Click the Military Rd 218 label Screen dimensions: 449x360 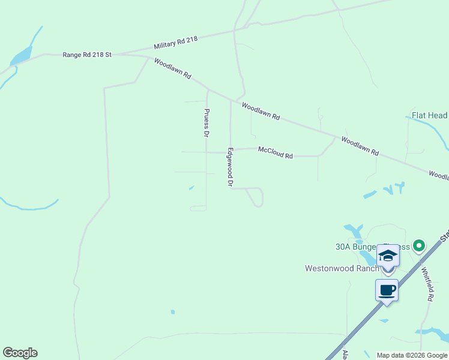coord(175,43)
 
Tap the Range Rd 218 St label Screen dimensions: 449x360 coord(87,55)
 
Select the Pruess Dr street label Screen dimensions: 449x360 coord(206,121)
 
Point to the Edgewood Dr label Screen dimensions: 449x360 coord(229,167)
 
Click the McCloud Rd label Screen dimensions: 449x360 coord(276,152)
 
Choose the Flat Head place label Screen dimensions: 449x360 coord(429,115)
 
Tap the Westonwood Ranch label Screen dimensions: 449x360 coord(342,268)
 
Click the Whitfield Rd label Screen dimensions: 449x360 coord(427,283)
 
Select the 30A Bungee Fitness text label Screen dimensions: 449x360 coord(364,247)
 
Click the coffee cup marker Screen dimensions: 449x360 coord(387,290)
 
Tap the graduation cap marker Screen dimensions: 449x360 coord(388,256)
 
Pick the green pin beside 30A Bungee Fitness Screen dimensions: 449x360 coord(419,245)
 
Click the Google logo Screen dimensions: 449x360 coord(20,353)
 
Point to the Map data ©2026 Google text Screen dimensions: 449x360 coord(412,355)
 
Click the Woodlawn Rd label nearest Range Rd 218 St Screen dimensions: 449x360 coord(173,69)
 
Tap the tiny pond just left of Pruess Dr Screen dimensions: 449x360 coord(191,188)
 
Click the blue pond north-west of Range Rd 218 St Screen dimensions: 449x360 coord(21,56)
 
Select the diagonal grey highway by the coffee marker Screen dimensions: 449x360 coord(360,324)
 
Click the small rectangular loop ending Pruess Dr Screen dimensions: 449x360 coord(198,208)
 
